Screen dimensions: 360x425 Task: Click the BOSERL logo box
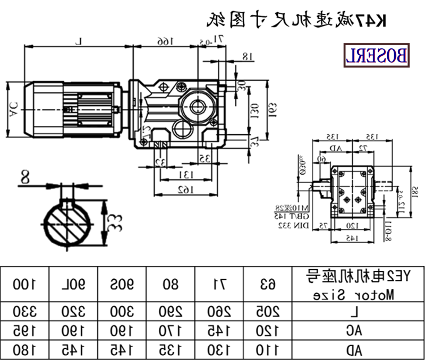click(377, 54)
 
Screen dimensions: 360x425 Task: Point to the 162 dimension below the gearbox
click(183, 189)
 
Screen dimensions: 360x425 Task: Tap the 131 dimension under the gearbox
click(183, 174)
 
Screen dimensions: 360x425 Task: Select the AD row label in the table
click(356, 349)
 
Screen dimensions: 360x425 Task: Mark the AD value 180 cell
click(24, 349)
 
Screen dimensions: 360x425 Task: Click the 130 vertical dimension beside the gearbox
click(254, 110)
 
